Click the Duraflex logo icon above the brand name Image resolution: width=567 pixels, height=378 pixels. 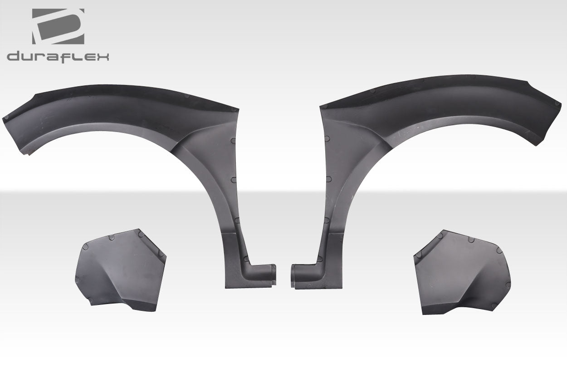tap(58, 26)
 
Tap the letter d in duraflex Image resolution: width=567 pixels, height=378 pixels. tap(14, 57)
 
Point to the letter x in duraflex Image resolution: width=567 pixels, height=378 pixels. tap(102, 57)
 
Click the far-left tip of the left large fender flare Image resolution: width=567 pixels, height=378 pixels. tap(5, 119)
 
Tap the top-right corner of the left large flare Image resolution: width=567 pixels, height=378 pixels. tap(237, 110)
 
